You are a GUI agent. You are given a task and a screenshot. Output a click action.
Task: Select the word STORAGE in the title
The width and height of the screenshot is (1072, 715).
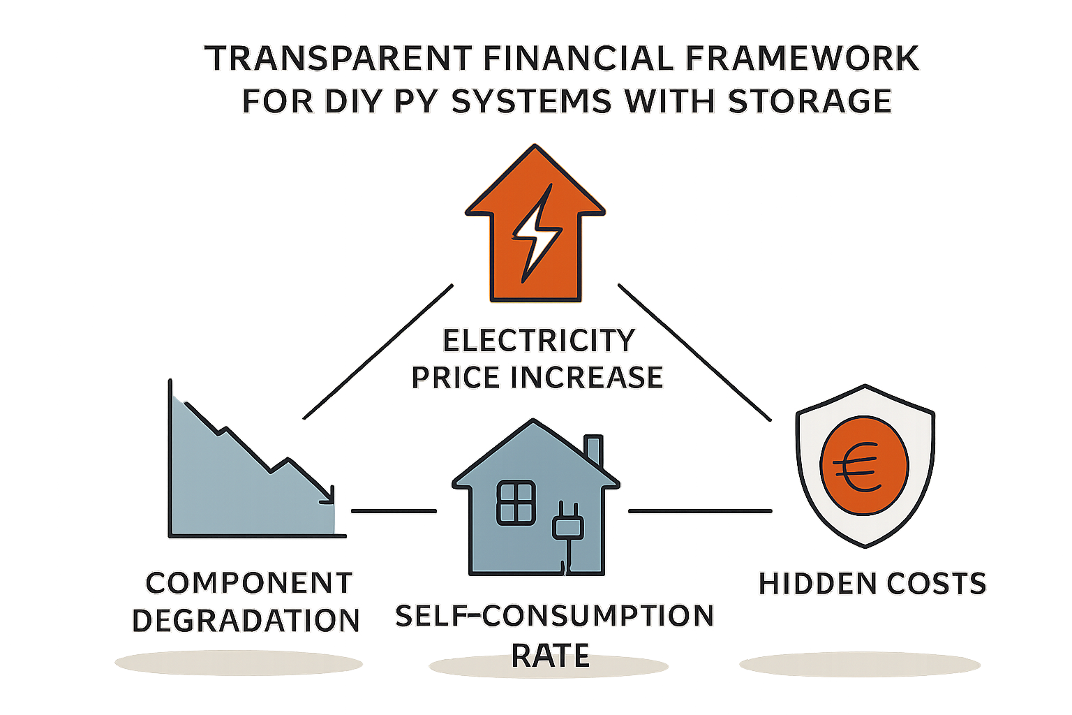click(x=810, y=101)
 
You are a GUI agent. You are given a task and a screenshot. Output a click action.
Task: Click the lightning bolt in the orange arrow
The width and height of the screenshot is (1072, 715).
click(x=536, y=230)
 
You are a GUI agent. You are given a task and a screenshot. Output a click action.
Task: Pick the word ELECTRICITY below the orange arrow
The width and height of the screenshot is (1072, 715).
click(x=539, y=341)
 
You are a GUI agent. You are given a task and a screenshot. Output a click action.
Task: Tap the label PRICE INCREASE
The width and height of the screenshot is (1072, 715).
click(x=537, y=377)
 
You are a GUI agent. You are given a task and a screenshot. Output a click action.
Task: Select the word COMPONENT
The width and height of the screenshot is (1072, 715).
click(x=249, y=584)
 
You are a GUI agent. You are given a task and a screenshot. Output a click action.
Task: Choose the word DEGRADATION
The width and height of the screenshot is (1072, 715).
click(x=246, y=620)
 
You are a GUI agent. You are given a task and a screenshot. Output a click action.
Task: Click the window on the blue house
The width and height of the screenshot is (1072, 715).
click(x=515, y=503)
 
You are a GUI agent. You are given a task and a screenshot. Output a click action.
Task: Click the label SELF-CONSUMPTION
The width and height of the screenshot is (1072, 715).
click(x=554, y=616)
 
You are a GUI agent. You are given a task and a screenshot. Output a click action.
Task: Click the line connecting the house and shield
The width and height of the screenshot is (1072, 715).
click(x=700, y=511)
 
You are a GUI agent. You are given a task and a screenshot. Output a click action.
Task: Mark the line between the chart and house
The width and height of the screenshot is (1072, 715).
click(x=393, y=511)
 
